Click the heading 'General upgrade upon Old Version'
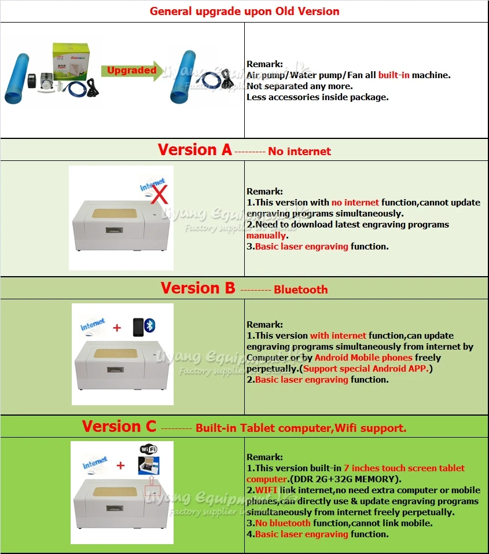(244, 11)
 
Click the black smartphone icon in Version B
(138, 326)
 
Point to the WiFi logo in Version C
(149, 449)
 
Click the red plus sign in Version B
(117, 328)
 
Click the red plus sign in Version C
(120, 465)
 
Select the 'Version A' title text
(194, 150)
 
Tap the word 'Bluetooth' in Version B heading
(300, 289)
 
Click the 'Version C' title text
(119, 427)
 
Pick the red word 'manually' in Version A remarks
(266, 236)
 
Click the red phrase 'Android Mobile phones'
(363, 358)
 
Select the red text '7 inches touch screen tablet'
(404, 468)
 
